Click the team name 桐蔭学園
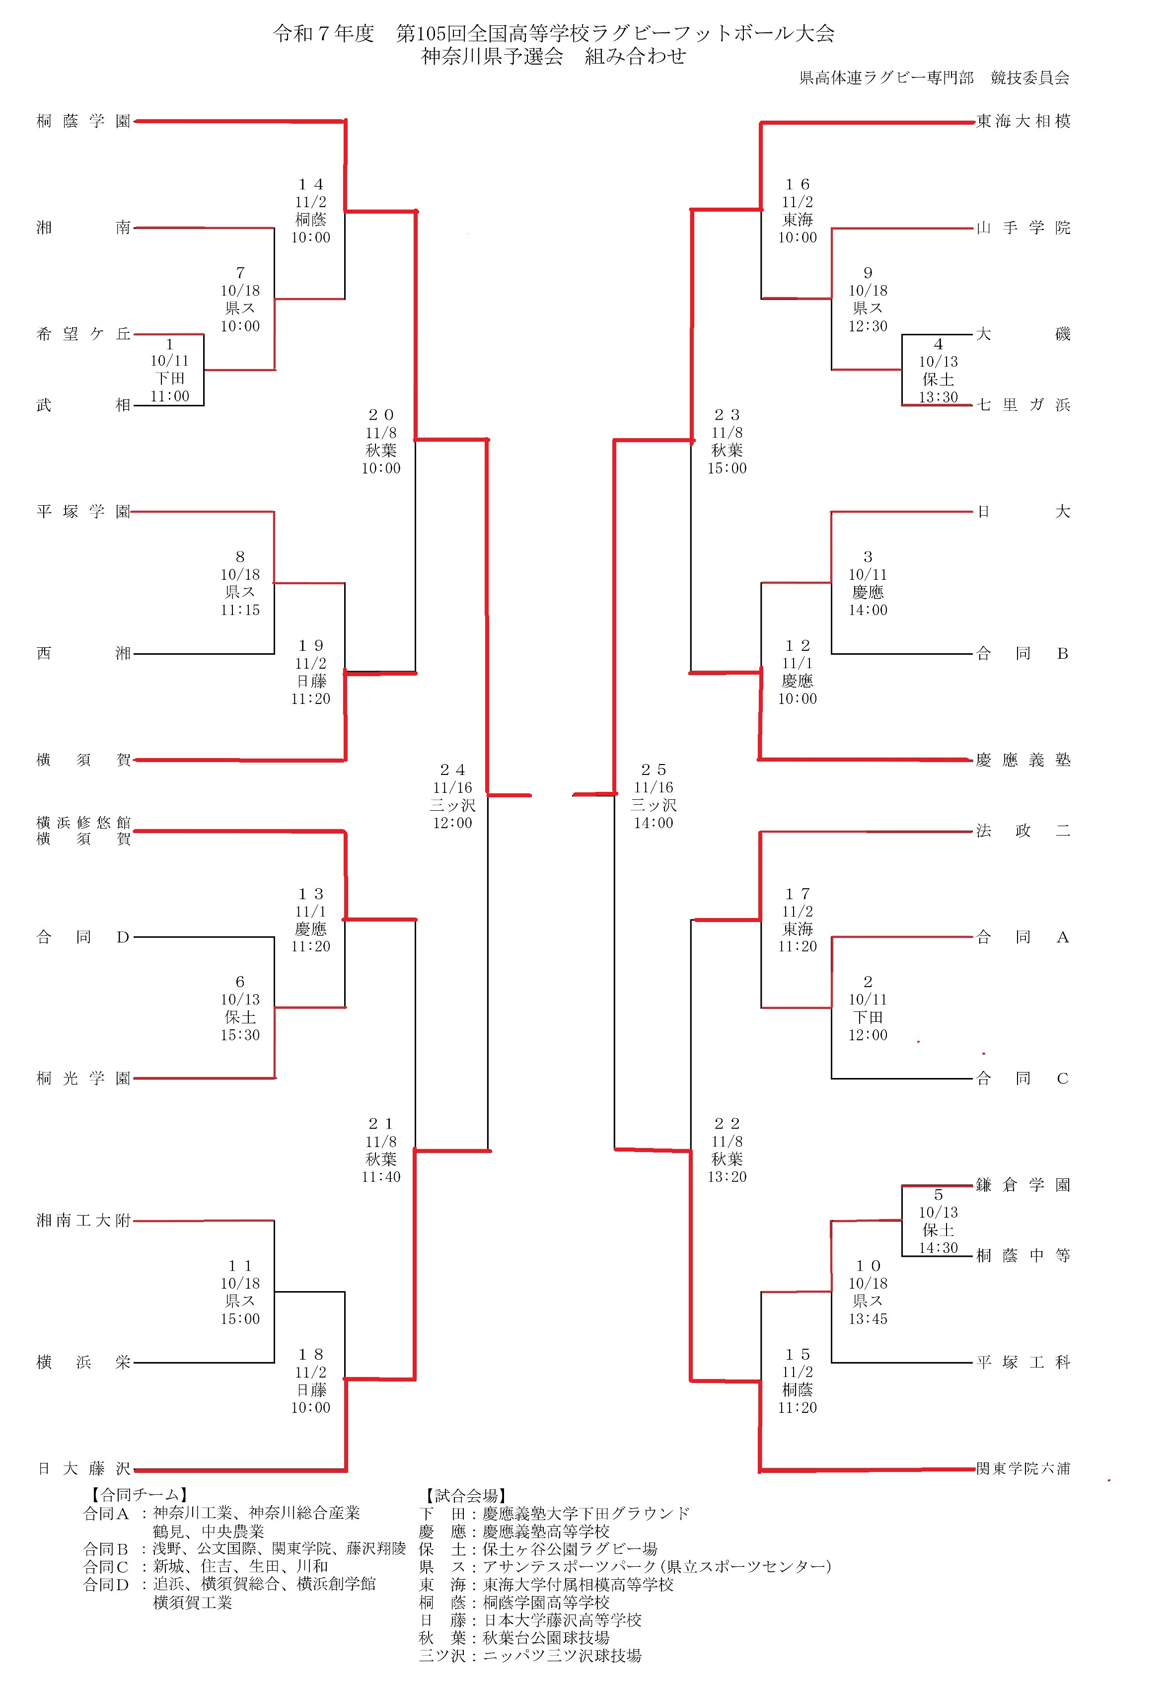click(83, 121)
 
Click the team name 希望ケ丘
click(83, 334)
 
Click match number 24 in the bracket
click(452, 770)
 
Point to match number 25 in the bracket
click(654, 770)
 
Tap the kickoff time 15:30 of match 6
click(240, 1035)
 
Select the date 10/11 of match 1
click(170, 361)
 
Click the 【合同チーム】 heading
click(139, 1495)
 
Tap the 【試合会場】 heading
click(466, 1495)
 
